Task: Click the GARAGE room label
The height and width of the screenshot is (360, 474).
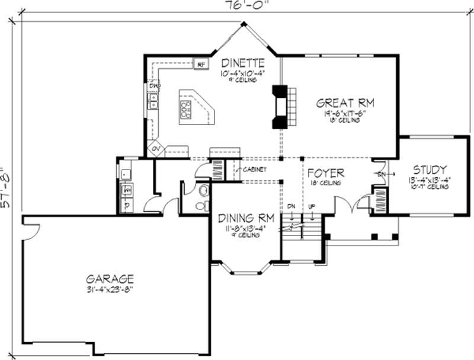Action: click(x=110, y=278)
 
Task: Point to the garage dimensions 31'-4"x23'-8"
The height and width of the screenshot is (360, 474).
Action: click(x=110, y=289)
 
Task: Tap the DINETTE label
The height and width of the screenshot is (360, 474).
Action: click(x=242, y=62)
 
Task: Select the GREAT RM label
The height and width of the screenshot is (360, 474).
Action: click(x=345, y=102)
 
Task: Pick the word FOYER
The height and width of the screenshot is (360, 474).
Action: click(x=325, y=173)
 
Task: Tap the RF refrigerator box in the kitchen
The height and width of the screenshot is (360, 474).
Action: click(x=200, y=63)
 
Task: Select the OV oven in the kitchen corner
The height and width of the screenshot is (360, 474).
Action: click(x=156, y=149)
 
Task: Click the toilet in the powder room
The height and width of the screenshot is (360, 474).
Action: click(x=203, y=191)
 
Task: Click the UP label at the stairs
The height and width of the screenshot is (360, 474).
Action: click(x=311, y=206)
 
